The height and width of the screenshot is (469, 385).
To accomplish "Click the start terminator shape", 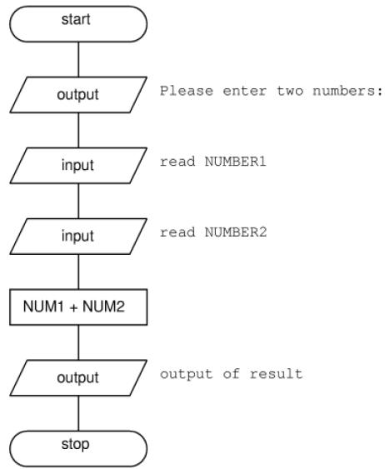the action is [x=78, y=24].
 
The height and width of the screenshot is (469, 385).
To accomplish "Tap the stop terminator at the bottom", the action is [x=78, y=449].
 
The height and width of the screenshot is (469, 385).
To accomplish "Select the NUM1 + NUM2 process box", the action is [x=78, y=307].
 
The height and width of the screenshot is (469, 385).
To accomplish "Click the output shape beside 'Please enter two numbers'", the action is [x=78, y=95].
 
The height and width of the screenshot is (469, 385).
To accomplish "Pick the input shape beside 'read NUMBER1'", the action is [x=78, y=166].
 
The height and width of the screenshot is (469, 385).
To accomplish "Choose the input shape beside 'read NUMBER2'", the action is [x=78, y=237].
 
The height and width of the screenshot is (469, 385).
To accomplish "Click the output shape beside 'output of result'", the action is [x=78, y=377].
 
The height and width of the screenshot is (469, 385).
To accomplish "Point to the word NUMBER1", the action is [x=236, y=162].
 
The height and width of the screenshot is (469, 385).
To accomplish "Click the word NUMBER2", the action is [x=236, y=232].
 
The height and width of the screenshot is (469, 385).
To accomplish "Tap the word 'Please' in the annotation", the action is [x=187, y=91].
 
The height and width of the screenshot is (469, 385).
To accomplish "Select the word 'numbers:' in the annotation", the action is [x=347, y=91].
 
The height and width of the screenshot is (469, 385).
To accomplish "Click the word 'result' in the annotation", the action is [x=276, y=374].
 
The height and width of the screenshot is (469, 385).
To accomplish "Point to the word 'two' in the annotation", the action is [x=290, y=91].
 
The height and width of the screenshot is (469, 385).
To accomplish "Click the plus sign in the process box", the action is [x=73, y=307].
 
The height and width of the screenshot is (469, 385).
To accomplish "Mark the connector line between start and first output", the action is [x=78, y=59].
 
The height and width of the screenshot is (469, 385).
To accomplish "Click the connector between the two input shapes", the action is [x=78, y=201].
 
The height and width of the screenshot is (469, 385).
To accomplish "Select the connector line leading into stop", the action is [x=78, y=413].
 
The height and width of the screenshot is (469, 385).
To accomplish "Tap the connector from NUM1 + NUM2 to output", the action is [x=78, y=342].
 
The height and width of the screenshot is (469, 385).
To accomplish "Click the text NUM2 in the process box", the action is [x=103, y=307].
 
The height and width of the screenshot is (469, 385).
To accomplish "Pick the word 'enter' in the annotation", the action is [x=245, y=91].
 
